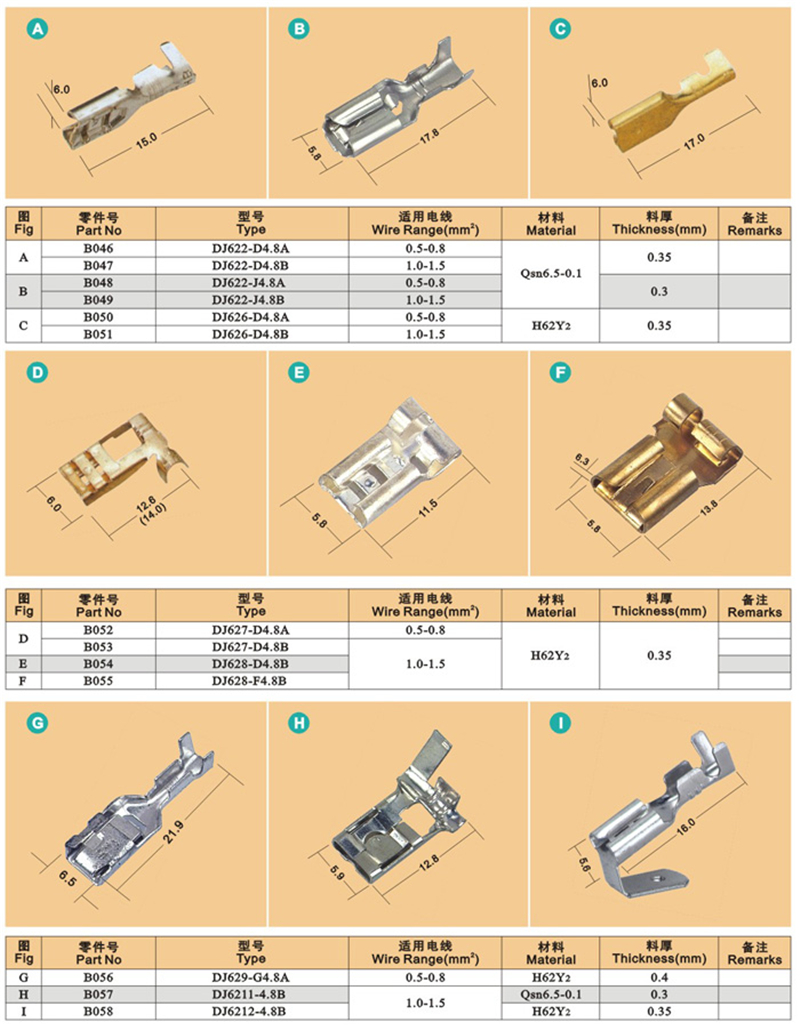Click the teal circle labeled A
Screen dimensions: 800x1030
37,29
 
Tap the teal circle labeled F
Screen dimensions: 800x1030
560,372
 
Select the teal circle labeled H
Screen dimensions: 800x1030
299,723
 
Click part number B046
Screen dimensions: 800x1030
98,248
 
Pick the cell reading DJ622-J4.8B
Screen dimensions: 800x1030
250,300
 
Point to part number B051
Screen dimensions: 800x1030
98,334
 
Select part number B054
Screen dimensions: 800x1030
98,663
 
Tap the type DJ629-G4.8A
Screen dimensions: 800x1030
250,977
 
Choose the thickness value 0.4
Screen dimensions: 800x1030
659,977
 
